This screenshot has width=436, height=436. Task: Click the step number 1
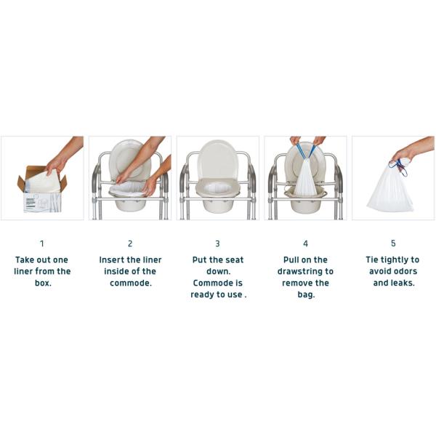click(x=42, y=244)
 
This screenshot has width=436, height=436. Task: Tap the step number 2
click(x=130, y=244)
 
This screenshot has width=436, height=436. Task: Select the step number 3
click(x=217, y=244)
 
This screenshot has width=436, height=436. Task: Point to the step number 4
click(x=305, y=244)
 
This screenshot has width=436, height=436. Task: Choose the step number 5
click(x=393, y=243)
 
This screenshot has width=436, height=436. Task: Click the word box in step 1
click(x=43, y=283)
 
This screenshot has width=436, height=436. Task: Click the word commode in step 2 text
click(x=129, y=283)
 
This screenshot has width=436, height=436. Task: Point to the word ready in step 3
click(x=202, y=295)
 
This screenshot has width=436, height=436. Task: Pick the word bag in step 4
click(x=306, y=295)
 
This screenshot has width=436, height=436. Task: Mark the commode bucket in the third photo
click(x=217, y=205)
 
